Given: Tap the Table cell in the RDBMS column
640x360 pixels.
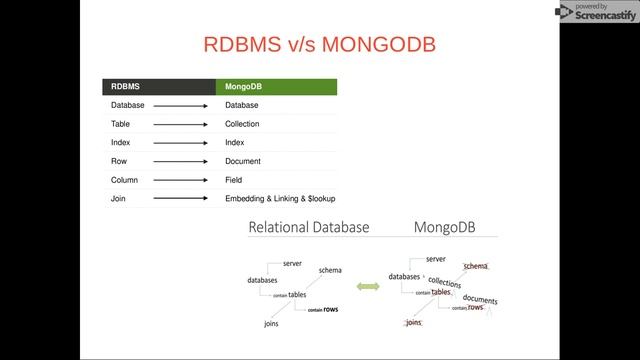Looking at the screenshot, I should point(120,124).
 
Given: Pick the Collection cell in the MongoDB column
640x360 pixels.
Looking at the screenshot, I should point(242,124).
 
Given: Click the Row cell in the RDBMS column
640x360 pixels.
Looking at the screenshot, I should point(119,161).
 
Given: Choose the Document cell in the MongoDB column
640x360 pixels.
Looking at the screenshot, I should point(243,161).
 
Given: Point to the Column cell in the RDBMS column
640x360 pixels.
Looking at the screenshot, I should point(124,180).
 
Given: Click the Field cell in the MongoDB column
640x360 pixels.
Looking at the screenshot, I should point(234,180).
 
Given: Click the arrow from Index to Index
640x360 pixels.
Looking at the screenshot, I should point(179,143).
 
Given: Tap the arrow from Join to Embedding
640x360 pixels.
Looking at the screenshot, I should point(179,198).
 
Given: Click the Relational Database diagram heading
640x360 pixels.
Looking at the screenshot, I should point(308,227).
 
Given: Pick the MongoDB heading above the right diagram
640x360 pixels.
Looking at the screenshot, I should point(444,227).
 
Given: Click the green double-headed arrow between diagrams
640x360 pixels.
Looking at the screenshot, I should point(369,287).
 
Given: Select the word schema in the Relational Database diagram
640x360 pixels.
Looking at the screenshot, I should point(330,270).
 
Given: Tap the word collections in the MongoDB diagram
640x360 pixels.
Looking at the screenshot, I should point(445,283).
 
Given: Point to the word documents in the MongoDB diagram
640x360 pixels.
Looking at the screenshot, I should point(480,300).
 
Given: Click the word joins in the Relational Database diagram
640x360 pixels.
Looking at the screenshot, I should point(271,323).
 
